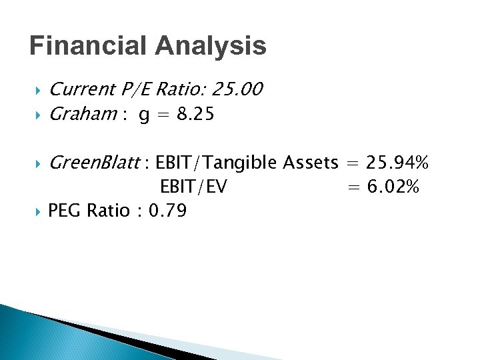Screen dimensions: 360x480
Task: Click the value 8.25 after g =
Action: click(x=196, y=115)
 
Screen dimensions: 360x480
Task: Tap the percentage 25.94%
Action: click(x=398, y=162)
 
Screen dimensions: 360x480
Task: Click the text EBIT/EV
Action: click(x=193, y=187)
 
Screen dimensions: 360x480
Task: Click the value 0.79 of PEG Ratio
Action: click(x=168, y=211)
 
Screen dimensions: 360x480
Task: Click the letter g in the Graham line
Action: click(x=144, y=116)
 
